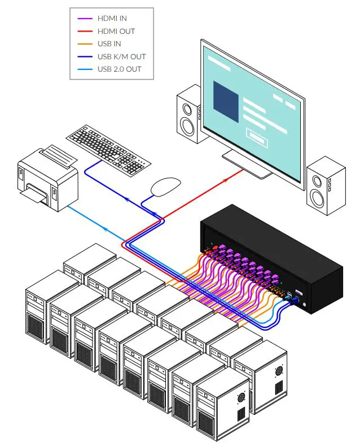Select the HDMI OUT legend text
(x=117, y=31)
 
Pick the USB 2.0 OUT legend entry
(x=119, y=69)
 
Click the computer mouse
(x=166, y=186)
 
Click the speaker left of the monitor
(x=188, y=115)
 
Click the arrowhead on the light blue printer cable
(x=106, y=228)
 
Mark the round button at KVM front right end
(x=305, y=305)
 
